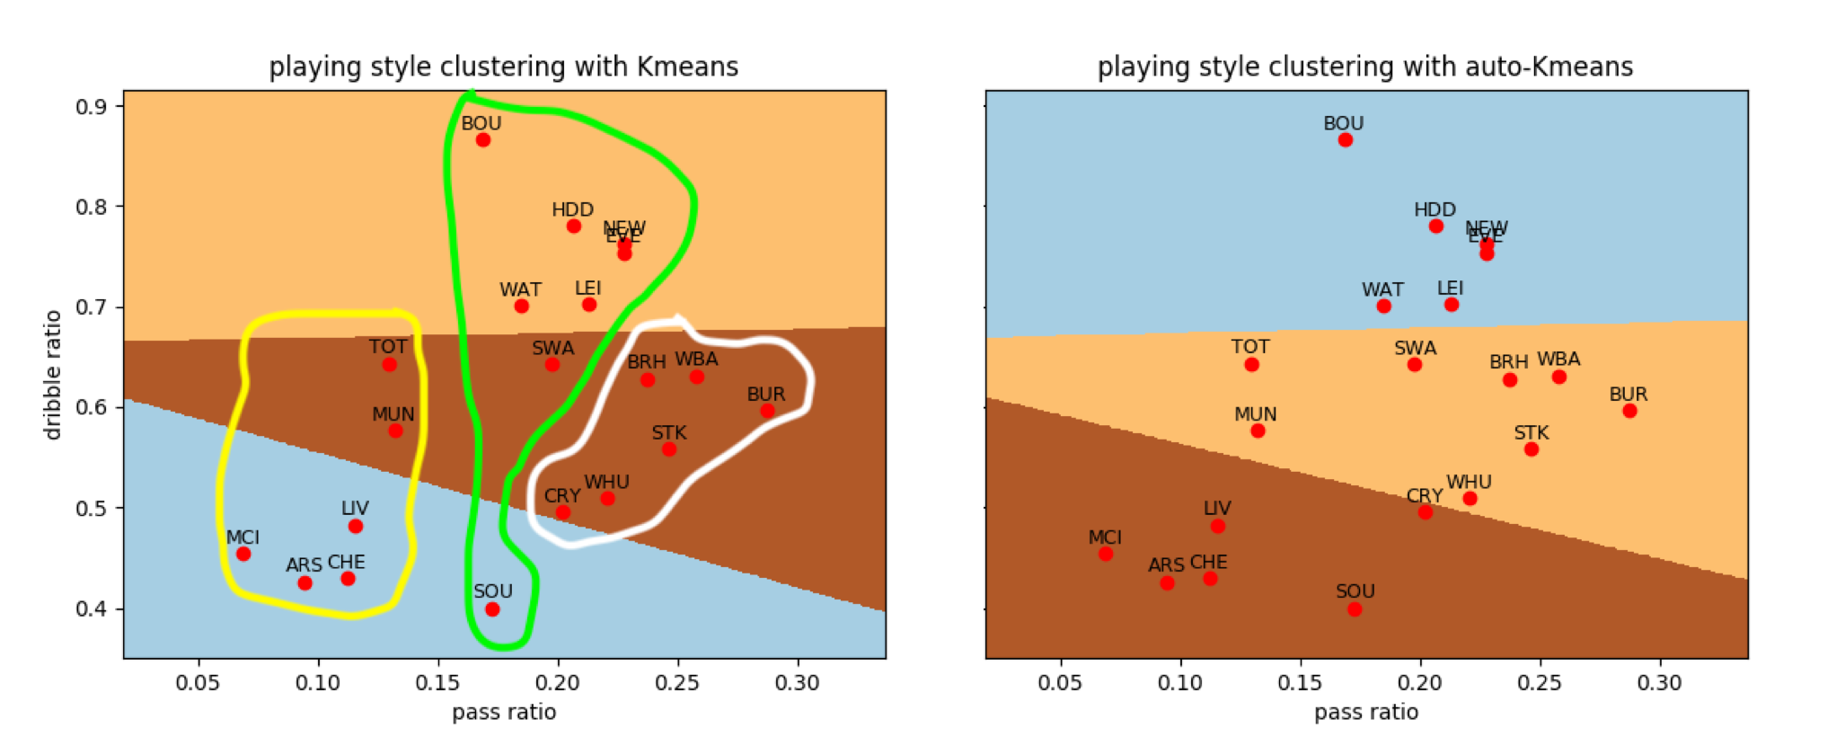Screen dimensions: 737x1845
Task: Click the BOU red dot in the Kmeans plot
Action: click(x=482, y=140)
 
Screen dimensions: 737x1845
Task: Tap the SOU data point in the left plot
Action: click(x=492, y=609)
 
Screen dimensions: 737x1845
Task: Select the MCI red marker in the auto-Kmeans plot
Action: click(x=1106, y=554)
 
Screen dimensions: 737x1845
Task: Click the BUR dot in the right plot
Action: click(x=1629, y=411)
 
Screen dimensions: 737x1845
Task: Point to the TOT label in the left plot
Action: click(x=388, y=347)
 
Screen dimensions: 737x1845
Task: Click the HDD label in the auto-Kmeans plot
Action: click(x=1435, y=209)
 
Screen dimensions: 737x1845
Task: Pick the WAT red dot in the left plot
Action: click(x=521, y=306)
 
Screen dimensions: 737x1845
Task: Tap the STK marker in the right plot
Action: click(x=1532, y=449)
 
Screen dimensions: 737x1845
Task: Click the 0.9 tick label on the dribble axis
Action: click(x=91, y=107)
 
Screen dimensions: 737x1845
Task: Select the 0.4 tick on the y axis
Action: click(x=91, y=609)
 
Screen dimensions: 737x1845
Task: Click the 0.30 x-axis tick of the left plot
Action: click(x=797, y=683)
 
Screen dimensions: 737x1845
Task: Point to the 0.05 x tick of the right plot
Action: click(x=1060, y=683)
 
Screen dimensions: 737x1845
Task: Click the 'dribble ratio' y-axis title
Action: click(x=53, y=375)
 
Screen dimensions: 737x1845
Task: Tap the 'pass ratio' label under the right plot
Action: click(x=1366, y=713)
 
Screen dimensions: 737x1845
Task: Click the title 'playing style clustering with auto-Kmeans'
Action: click(x=1365, y=67)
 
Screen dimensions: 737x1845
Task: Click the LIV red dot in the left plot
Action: click(x=356, y=527)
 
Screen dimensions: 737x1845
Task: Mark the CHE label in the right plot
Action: click(x=1208, y=563)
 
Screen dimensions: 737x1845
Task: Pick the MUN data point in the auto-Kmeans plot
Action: click(x=1258, y=431)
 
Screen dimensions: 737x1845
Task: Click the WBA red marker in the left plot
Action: click(x=697, y=377)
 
